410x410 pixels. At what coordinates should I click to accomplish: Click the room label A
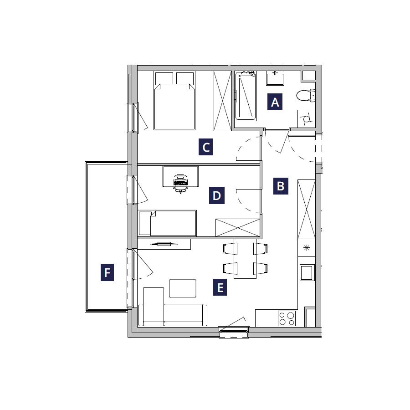275,102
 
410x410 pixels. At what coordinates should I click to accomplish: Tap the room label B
281,186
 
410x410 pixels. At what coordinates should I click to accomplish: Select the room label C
206,147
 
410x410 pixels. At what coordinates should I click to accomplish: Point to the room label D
217,195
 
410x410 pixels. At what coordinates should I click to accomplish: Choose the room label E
220,287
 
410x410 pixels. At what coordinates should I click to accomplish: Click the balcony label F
107,272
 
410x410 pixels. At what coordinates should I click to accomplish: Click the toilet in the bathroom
306,95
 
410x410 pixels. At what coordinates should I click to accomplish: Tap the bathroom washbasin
275,78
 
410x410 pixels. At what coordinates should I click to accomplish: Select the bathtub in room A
246,96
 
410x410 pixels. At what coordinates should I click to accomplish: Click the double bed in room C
174,101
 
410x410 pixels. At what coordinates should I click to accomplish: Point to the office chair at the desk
180,184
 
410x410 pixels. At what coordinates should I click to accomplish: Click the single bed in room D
167,223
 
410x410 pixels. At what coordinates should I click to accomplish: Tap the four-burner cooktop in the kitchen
287,318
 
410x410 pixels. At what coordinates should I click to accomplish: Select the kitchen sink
307,272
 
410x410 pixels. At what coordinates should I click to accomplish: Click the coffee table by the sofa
183,288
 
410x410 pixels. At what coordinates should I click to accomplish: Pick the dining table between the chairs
245,259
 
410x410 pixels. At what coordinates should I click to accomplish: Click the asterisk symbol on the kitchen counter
307,248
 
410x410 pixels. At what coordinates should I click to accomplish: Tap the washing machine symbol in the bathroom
307,119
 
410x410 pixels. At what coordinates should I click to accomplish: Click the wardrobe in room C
222,101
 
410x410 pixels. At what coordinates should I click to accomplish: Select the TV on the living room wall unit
164,245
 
